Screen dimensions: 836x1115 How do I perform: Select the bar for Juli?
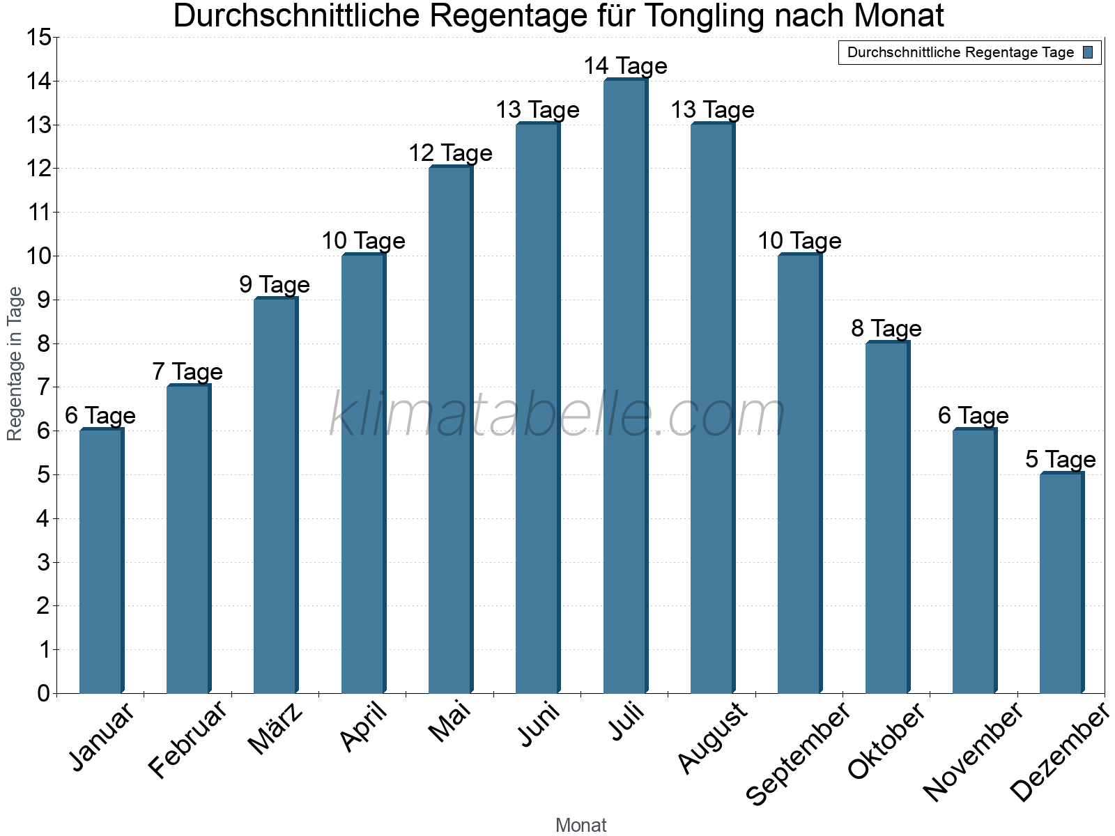click(x=625, y=387)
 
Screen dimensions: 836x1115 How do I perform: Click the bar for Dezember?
click(x=1061, y=584)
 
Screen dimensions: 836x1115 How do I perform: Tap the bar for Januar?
click(x=101, y=562)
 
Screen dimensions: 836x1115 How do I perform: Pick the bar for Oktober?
click(x=886, y=518)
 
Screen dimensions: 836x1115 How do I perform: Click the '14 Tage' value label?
click(x=625, y=66)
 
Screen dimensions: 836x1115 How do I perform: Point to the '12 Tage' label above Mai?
click(x=450, y=153)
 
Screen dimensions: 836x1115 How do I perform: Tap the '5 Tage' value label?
click(x=1060, y=460)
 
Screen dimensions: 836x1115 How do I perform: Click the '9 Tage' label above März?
click(x=274, y=285)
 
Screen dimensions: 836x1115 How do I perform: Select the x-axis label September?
click(x=799, y=753)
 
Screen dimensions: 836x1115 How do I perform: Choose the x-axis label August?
click(x=712, y=738)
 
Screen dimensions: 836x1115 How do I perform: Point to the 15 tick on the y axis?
click(x=38, y=38)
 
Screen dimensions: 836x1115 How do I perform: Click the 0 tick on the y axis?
click(x=43, y=693)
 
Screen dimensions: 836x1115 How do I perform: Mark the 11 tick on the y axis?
click(x=38, y=212)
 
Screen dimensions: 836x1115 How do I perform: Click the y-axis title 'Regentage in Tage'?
click(x=15, y=364)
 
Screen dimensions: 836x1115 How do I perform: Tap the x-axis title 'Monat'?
click(x=580, y=826)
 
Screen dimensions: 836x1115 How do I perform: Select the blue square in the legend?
click(x=1088, y=52)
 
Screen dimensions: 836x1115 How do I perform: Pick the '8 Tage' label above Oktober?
click(x=886, y=329)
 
